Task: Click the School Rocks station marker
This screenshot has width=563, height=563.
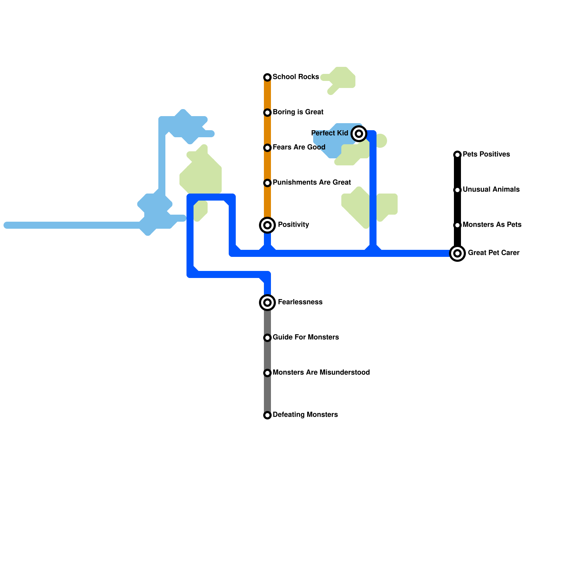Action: (267, 77)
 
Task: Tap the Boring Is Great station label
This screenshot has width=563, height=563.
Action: (298, 112)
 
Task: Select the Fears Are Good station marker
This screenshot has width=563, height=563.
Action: (267, 148)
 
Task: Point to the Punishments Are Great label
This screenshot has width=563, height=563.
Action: (311, 183)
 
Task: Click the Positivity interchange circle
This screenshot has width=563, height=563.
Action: (267, 225)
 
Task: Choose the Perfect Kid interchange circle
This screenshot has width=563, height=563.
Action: (359, 134)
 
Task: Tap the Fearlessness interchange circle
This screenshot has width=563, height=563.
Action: (267, 303)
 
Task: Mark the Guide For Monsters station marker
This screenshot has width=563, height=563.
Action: (267, 338)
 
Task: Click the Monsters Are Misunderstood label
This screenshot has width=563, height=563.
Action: (321, 373)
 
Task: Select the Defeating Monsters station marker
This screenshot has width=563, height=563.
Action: (267, 415)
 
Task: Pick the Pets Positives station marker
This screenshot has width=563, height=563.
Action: (457, 155)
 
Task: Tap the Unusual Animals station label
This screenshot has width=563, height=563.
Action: (491, 190)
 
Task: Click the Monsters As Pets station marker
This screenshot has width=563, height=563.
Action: (457, 225)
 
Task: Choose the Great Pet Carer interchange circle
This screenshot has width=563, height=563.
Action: (457, 253)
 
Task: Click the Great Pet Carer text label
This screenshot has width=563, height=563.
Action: (493, 253)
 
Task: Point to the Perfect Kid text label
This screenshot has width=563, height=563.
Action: (329, 133)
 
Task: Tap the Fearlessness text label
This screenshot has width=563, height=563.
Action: (300, 302)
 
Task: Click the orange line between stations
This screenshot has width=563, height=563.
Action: (267, 165)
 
